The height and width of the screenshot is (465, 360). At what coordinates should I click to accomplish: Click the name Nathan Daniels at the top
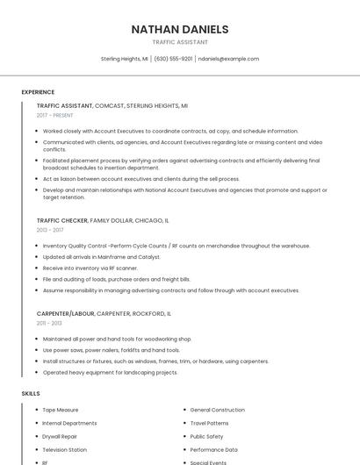[180, 29]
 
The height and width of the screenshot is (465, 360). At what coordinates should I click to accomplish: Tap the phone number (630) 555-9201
[174, 59]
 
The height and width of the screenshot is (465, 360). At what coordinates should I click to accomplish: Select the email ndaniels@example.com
[228, 59]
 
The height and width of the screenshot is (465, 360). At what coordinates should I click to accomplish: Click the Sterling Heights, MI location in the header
[126, 59]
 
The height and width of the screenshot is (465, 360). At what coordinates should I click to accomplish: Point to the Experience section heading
[38, 92]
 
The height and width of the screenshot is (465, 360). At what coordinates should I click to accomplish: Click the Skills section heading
[31, 394]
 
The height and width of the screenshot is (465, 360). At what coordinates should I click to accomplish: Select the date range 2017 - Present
[56, 115]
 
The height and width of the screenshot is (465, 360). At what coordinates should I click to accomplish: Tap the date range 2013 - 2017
[50, 230]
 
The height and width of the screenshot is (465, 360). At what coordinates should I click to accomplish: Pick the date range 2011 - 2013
[50, 323]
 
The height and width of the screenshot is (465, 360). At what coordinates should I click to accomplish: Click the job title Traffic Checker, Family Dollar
[103, 220]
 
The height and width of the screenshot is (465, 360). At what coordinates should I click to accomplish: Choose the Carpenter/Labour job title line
[104, 313]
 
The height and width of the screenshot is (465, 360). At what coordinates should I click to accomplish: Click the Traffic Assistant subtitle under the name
[180, 42]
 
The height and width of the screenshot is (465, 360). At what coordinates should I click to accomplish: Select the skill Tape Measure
[61, 410]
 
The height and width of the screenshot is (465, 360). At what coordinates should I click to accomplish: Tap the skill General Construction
[217, 410]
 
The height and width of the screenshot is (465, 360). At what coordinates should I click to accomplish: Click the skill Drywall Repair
[60, 436]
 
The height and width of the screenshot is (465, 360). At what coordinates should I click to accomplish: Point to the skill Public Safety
[206, 436]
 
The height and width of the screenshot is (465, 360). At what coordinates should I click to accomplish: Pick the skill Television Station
[64, 449]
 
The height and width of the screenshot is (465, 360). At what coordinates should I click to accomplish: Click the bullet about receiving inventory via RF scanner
[90, 268]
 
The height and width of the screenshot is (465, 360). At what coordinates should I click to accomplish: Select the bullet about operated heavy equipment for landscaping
[110, 372]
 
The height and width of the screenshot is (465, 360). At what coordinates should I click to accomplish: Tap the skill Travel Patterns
[209, 423]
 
